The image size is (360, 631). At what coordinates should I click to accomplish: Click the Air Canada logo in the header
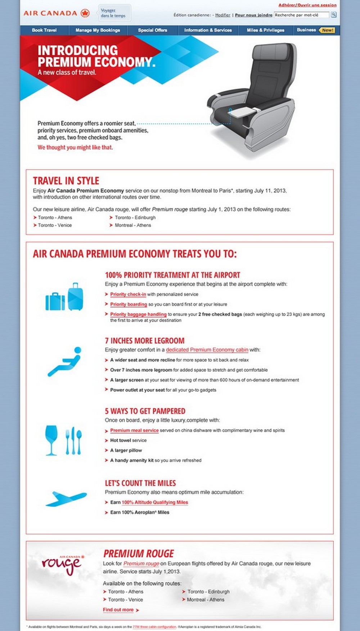56,13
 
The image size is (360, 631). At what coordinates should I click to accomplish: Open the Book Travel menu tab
44,30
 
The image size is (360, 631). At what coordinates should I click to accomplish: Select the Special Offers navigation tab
153,30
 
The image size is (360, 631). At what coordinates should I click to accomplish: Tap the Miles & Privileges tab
265,30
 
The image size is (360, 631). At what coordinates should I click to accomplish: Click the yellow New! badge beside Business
327,30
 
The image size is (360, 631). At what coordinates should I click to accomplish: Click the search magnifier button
334,15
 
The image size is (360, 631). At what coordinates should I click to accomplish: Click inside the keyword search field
301,15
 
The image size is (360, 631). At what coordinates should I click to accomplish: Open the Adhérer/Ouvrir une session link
307,5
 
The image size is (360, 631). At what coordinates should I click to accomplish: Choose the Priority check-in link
128,294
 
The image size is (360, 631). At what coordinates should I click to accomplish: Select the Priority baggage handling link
138,314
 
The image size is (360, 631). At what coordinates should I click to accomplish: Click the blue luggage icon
64,297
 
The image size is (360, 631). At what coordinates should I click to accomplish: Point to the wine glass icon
51,440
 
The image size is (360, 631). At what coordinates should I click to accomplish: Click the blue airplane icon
66,498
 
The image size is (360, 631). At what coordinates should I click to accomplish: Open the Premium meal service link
134,430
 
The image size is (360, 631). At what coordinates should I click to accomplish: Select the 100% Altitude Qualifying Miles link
155,502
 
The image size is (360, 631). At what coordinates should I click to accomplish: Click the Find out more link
118,610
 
